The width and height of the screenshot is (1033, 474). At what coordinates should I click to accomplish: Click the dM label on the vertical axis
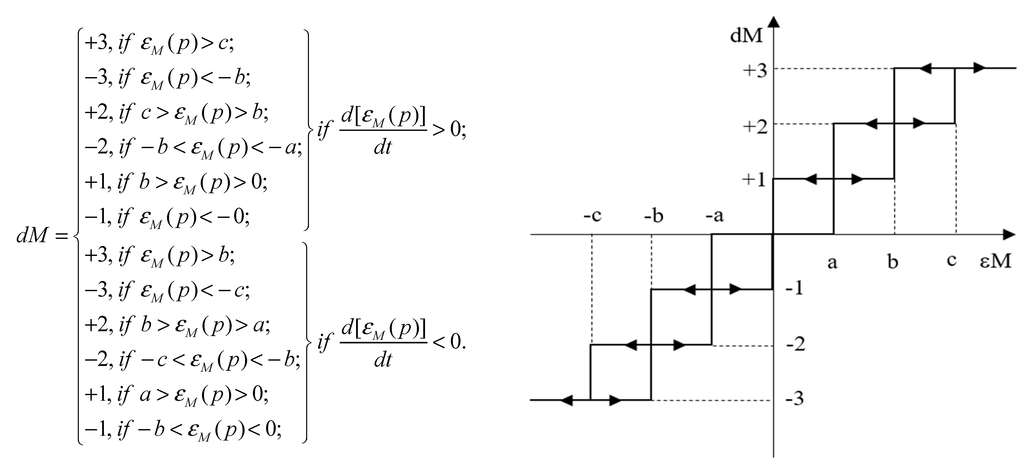[746, 36]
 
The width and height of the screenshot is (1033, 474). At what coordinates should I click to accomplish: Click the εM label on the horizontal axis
[995, 261]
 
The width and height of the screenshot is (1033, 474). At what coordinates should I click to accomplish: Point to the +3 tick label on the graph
[755, 71]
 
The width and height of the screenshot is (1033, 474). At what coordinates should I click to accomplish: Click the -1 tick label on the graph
[794, 288]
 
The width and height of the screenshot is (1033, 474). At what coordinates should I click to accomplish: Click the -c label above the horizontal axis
[592, 216]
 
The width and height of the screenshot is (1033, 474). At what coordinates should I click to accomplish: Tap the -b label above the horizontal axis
[654, 216]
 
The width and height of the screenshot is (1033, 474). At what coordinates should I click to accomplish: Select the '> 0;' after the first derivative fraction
[449, 130]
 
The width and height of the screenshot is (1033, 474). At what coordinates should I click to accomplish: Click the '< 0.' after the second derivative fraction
[449, 342]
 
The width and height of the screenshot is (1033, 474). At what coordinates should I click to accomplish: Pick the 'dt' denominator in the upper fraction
[383, 148]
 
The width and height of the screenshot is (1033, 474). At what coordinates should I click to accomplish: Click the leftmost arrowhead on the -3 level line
[566, 400]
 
